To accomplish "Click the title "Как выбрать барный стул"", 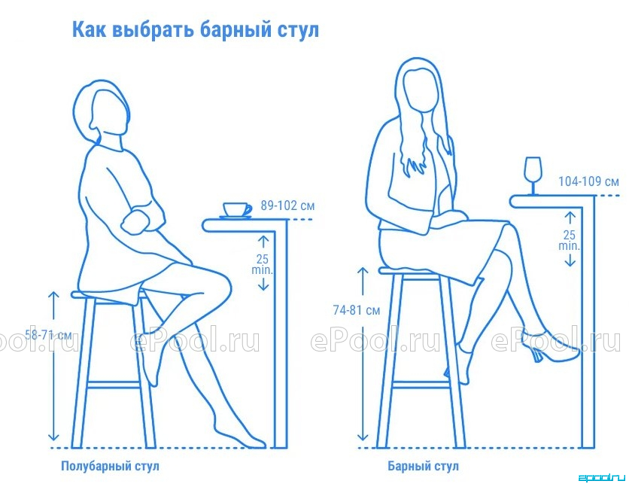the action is pyautogui.click(x=196, y=30).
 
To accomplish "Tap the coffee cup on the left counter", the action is pyautogui.click(x=236, y=211).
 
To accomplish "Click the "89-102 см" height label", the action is pyautogui.click(x=287, y=205).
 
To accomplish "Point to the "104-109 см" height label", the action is pyautogui.click(x=588, y=181).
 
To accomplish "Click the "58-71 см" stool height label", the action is pyautogui.click(x=48, y=334).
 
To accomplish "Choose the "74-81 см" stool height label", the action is pyautogui.click(x=356, y=310).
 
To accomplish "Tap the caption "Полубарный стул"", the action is pyautogui.click(x=110, y=466).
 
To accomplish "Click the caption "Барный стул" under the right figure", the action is pyautogui.click(x=423, y=466).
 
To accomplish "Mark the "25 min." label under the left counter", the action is pyautogui.click(x=263, y=264).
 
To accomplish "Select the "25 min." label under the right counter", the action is pyautogui.click(x=570, y=240).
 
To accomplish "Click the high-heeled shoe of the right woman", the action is pyautogui.click(x=549, y=345).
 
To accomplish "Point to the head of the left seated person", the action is pyautogui.click(x=104, y=111).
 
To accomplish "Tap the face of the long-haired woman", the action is pyautogui.click(x=420, y=90).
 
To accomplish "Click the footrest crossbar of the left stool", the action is pyautogui.click(x=114, y=385).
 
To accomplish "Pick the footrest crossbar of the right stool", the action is pyautogui.click(x=421, y=385).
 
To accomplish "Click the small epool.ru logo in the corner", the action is pyautogui.click(x=602, y=478).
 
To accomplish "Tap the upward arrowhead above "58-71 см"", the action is pyautogui.click(x=53, y=296).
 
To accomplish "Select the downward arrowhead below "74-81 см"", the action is pyautogui.click(x=362, y=436).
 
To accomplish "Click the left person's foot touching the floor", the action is pyautogui.click(x=241, y=438).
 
